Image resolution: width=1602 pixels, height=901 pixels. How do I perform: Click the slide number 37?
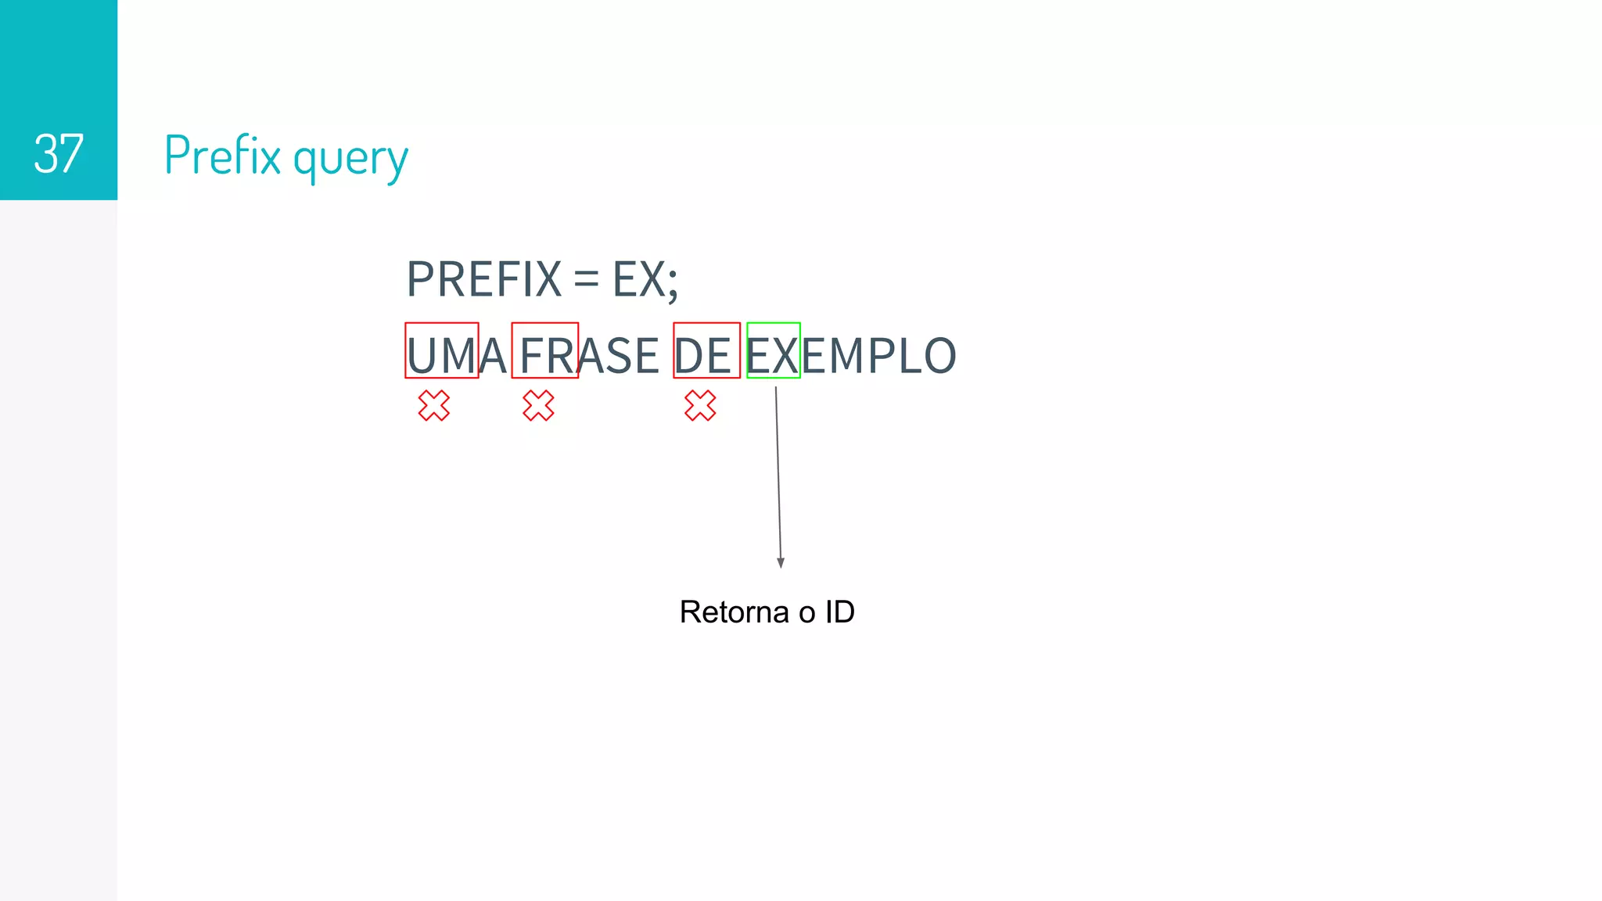(x=59, y=154)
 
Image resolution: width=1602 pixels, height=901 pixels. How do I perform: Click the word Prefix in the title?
(x=222, y=155)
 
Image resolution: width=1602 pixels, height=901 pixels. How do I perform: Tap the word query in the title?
(x=350, y=159)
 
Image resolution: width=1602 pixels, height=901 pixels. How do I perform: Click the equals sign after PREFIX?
(x=586, y=279)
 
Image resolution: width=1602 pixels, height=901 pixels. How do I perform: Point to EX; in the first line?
(x=645, y=279)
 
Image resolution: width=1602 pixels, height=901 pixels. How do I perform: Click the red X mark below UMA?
(x=434, y=406)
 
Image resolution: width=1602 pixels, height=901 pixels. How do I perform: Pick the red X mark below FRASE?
(x=538, y=406)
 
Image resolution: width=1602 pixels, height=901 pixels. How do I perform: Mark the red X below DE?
(x=700, y=406)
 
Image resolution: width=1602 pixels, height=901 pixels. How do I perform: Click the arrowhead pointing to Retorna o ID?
(x=781, y=562)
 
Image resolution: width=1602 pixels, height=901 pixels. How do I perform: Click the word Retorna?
(x=734, y=612)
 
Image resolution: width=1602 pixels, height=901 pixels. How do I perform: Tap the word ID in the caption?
(x=839, y=612)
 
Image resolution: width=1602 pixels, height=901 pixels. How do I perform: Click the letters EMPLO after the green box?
(x=878, y=356)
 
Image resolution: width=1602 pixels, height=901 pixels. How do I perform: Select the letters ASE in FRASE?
(x=619, y=356)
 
